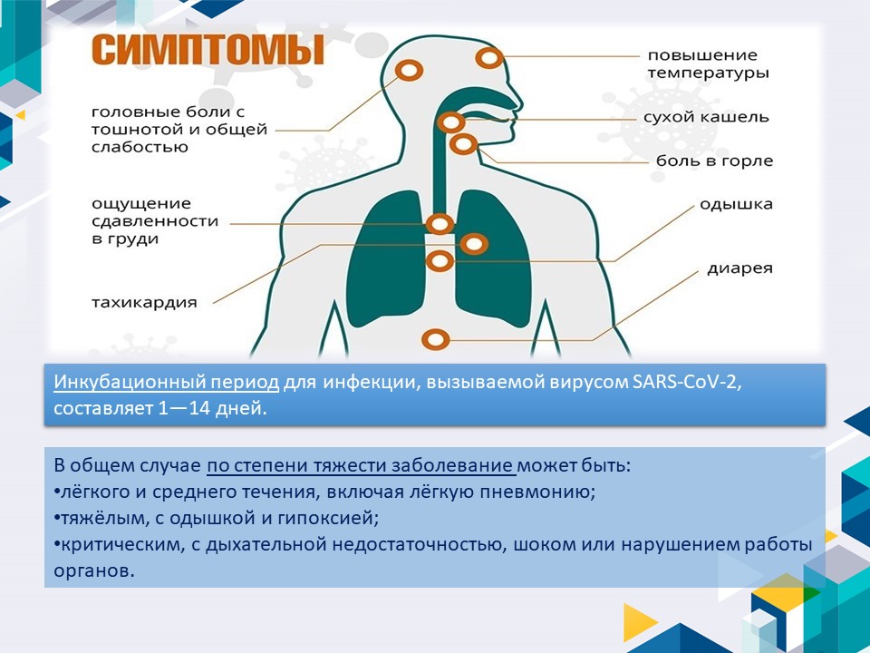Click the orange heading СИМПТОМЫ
[208, 50]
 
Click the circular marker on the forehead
[489, 57]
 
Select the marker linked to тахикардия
[473, 244]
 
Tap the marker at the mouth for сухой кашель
[450, 122]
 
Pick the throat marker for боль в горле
[463, 144]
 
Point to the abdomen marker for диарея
[436, 339]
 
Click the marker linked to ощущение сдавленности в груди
[440, 224]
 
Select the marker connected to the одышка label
[440, 261]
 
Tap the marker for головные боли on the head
[409, 71]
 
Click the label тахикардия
[144, 303]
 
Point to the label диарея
[739, 268]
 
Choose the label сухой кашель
[706, 117]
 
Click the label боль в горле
[714, 161]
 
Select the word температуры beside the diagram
[708, 73]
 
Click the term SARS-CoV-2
[686, 383]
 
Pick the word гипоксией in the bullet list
[328, 519]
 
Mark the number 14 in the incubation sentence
[198, 409]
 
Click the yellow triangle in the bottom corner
[639, 622]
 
